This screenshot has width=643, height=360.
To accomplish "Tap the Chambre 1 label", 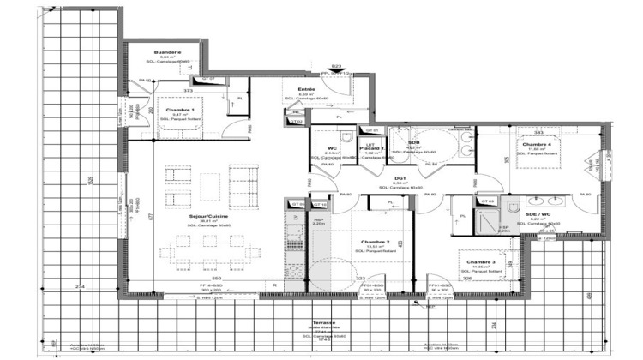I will pos(180,111).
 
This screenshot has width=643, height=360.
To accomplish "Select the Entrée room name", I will pos(306,89).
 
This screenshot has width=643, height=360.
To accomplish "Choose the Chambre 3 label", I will pos(480,262).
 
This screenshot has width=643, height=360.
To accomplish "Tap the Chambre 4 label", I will pos(538,145).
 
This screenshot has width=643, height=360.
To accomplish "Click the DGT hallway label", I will pos(399,178).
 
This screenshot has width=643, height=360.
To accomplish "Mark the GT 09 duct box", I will pos(486,201).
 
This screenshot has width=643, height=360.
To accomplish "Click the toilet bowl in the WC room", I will pos(344,140).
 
